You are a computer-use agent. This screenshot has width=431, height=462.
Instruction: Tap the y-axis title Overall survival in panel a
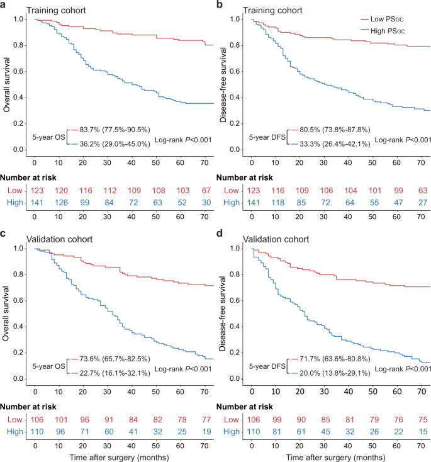pyautogui.click(x=8, y=82)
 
